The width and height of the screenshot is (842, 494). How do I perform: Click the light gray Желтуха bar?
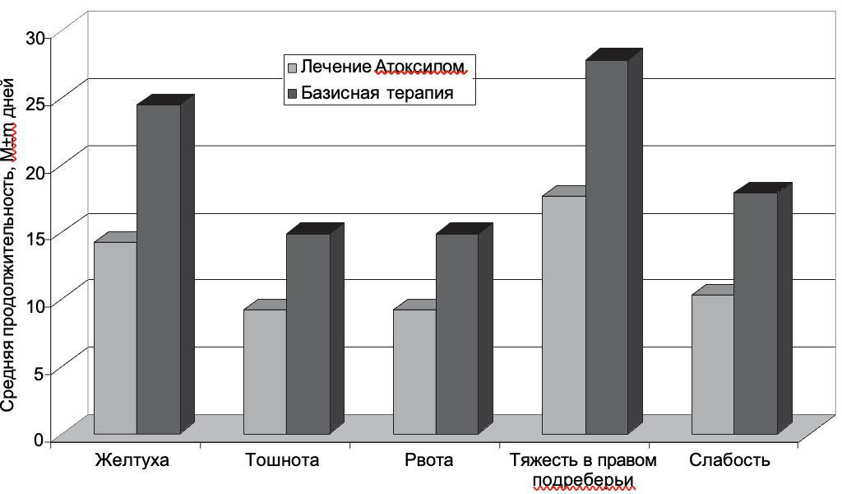pyautogui.click(x=115, y=338)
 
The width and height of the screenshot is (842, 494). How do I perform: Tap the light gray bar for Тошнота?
pyautogui.click(x=265, y=371)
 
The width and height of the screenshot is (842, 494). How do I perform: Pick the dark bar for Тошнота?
pyautogui.click(x=308, y=333)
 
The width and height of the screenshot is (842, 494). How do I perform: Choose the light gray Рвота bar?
pyautogui.click(x=414, y=371)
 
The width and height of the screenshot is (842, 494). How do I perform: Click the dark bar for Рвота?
pyautogui.click(x=457, y=333)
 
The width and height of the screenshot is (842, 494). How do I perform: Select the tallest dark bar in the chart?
pyautogui.click(x=607, y=247)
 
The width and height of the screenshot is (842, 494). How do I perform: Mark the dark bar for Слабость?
pyautogui.click(x=756, y=313)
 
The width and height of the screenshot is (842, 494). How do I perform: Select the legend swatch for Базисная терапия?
pyautogui.click(x=291, y=93)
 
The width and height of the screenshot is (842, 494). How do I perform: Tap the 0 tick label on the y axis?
pyautogui.click(x=38, y=440)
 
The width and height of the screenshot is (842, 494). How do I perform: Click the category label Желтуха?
pyautogui.click(x=132, y=459)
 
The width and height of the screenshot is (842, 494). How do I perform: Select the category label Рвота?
pyautogui.click(x=428, y=459)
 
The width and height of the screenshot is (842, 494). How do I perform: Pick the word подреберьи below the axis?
pyautogui.click(x=585, y=479)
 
